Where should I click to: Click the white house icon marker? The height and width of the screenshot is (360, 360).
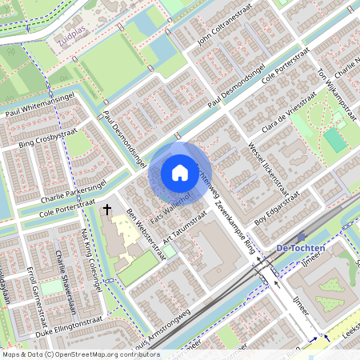click(x=179, y=173)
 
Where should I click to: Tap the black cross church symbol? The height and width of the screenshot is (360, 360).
click(x=107, y=210)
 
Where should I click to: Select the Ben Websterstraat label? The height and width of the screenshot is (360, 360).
click(x=146, y=231)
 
